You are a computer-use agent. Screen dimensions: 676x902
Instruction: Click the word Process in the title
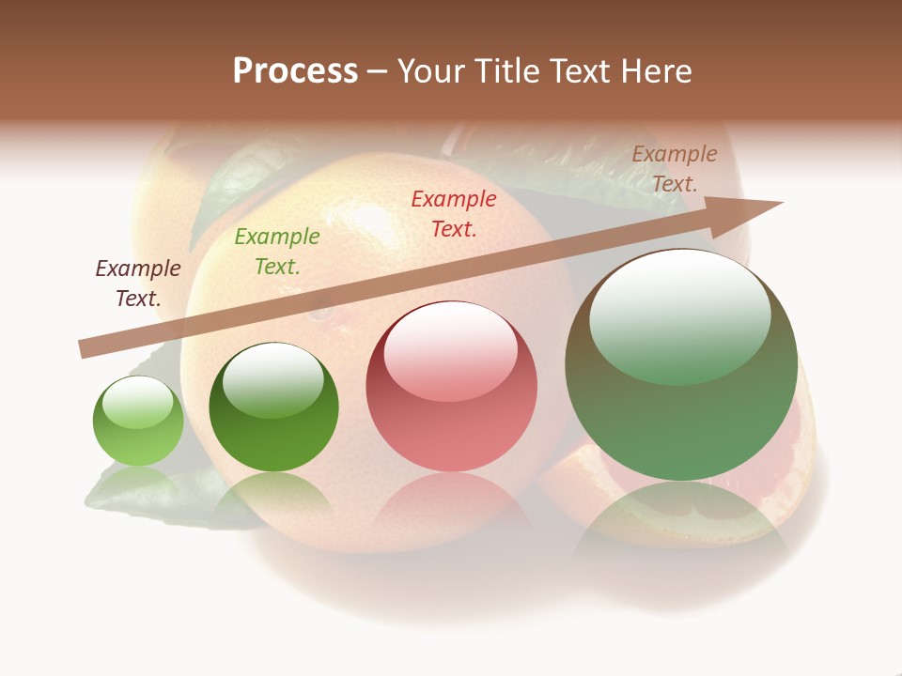(x=295, y=71)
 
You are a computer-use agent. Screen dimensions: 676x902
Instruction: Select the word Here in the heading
(x=654, y=71)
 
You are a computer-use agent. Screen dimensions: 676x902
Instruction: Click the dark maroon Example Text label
(x=138, y=284)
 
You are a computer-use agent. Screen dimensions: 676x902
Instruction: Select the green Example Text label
(x=276, y=252)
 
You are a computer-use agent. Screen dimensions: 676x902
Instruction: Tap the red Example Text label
(x=454, y=214)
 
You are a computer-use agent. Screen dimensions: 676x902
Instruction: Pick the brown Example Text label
(x=675, y=169)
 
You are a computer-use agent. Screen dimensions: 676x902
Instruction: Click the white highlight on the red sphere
(x=450, y=351)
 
